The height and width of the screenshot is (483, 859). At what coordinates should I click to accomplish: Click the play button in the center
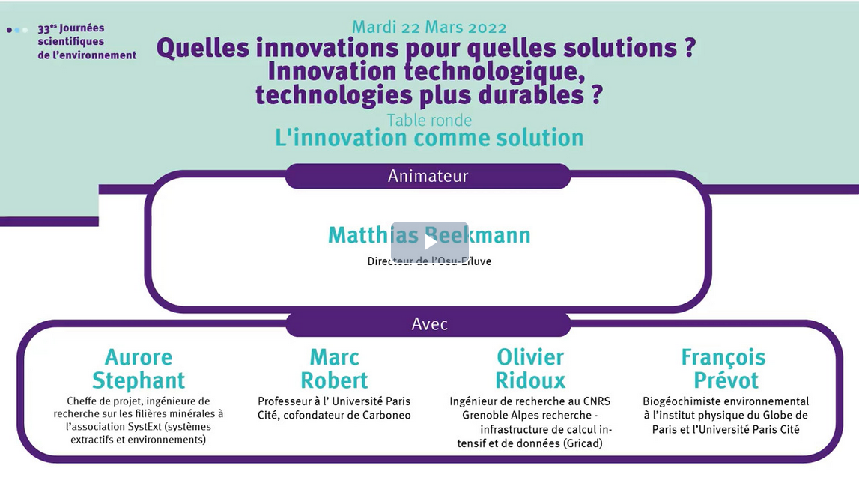[x=430, y=241]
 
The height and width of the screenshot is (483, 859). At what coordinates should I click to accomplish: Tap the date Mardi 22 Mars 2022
[x=429, y=27]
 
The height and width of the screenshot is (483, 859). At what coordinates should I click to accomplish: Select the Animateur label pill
[x=428, y=176]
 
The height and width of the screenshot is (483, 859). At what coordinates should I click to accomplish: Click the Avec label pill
[x=429, y=323]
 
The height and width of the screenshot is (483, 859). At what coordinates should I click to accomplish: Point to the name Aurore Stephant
[x=139, y=368]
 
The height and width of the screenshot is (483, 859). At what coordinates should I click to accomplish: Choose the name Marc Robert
[x=334, y=368]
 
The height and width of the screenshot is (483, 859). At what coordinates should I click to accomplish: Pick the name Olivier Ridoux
[x=530, y=368]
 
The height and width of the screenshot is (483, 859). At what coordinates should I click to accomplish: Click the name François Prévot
[x=723, y=368]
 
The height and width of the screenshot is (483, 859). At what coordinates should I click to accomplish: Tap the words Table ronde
[x=429, y=120]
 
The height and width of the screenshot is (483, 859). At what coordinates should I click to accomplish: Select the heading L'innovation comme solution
[x=429, y=138]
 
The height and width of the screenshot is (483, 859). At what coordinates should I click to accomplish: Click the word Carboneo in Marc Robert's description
[x=386, y=415]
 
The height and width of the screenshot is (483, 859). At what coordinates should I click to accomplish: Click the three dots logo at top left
[x=17, y=30]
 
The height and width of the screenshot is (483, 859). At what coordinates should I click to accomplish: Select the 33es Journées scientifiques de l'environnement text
[x=87, y=42]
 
